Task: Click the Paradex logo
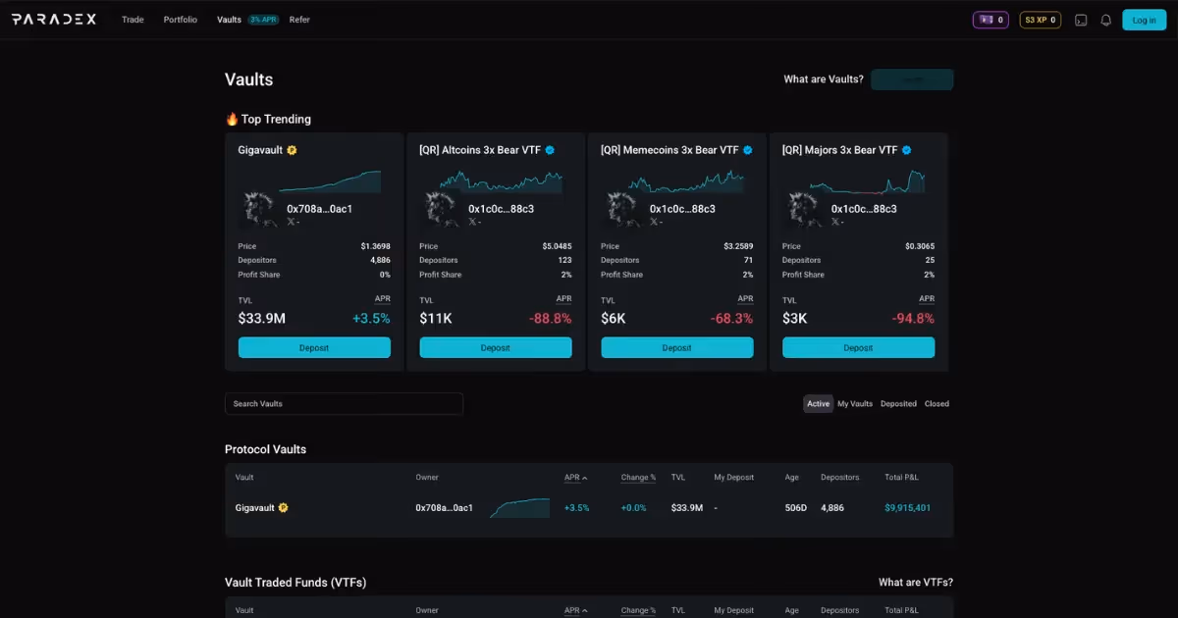pyautogui.click(x=54, y=20)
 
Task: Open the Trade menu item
pyautogui.click(x=133, y=20)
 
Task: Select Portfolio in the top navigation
pyautogui.click(x=181, y=20)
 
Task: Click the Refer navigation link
pyautogui.click(x=299, y=20)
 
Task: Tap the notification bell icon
pyautogui.click(x=1106, y=20)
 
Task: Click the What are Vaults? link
pyautogui.click(x=824, y=79)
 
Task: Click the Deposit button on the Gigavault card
pyautogui.click(x=314, y=348)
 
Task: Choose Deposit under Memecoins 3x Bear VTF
pyautogui.click(x=676, y=348)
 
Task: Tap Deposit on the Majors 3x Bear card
pyautogui.click(x=858, y=348)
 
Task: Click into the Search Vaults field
pyautogui.click(x=344, y=404)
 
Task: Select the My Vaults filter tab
pyautogui.click(x=855, y=404)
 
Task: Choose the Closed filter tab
pyautogui.click(x=937, y=404)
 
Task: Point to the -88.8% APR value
pyautogui.click(x=549, y=319)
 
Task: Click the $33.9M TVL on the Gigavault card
pyautogui.click(x=262, y=319)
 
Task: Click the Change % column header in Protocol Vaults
pyautogui.click(x=638, y=478)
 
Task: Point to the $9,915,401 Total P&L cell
pyautogui.click(x=907, y=508)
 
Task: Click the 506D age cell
pyautogui.click(x=795, y=508)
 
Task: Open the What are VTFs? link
pyautogui.click(x=915, y=583)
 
